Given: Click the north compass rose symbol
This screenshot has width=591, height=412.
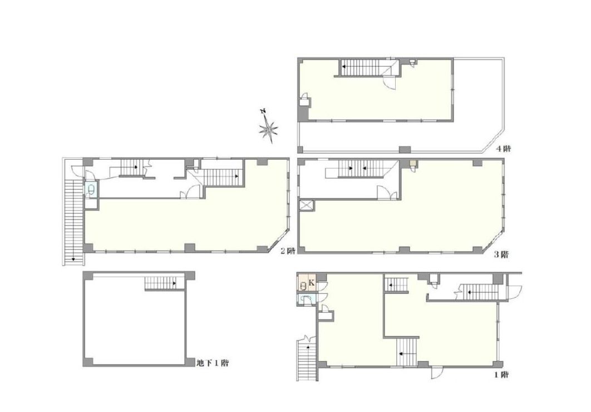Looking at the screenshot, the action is [x=268, y=127].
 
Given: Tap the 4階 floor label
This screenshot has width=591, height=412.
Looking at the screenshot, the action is [x=503, y=149].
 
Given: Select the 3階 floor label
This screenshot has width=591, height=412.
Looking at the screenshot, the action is [x=501, y=255].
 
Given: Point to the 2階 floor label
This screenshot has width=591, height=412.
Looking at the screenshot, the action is [x=288, y=251].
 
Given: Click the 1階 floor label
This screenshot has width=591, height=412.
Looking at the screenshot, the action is [x=501, y=375].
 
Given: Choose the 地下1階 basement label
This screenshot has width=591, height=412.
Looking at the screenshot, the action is [x=213, y=364].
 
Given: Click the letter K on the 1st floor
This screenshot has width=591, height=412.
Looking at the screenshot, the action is [x=311, y=282].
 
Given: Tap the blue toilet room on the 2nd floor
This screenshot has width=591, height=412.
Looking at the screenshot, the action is [x=91, y=190].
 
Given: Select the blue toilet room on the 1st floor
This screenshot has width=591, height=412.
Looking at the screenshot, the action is [x=306, y=300].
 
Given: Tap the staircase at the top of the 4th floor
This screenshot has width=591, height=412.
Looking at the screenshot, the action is [x=360, y=67].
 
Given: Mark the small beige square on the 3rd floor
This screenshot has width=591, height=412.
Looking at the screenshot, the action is [x=413, y=164].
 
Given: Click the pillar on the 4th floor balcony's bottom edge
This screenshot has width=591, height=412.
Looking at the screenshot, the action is [x=405, y=150].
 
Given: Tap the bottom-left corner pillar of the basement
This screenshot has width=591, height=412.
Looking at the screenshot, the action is [x=87, y=362].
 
